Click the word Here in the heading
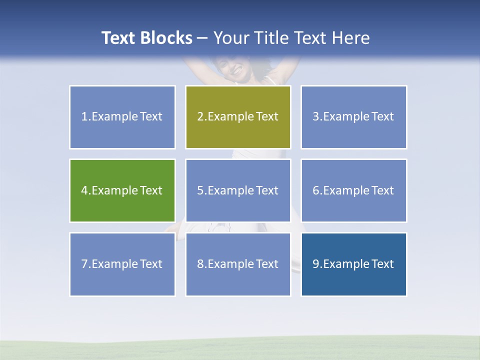click(x=351, y=38)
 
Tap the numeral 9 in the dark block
click(x=315, y=264)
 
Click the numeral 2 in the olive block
click(x=200, y=116)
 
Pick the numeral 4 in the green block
click(x=84, y=190)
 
